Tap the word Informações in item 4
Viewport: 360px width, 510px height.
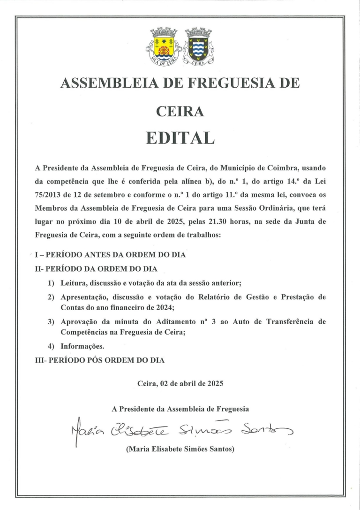pyautogui.click(x=82, y=346)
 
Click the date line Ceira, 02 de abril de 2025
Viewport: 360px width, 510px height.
pyautogui.click(x=180, y=383)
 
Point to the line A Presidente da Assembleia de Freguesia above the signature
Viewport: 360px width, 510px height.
pyautogui.click(x=180, y=409)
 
